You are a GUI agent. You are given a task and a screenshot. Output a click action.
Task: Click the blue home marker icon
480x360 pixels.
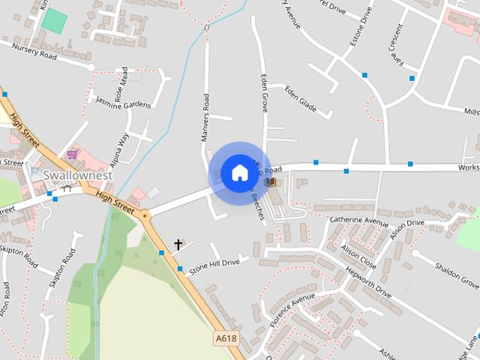pos(239,173)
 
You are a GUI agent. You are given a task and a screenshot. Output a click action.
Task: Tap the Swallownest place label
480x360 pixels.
pos(77,175)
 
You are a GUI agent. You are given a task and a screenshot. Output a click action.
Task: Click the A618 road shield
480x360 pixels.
pos(226,339)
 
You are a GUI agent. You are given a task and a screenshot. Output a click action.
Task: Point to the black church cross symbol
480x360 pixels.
pos(178,244)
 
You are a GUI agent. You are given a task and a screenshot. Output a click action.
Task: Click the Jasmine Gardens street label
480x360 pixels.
pos(123,101)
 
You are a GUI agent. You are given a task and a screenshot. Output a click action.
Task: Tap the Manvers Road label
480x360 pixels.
pos(205,117)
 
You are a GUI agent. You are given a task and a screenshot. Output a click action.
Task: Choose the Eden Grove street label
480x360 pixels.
pos(264,93)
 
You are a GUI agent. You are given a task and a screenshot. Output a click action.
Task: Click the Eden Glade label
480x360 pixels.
pos(300,100)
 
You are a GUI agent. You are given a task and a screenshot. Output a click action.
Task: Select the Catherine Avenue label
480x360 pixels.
pos(359,221)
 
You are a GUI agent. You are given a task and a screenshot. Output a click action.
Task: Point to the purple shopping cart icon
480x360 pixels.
pos(71,155)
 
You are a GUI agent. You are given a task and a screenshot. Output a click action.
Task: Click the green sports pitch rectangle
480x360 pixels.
pos(54,20)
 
